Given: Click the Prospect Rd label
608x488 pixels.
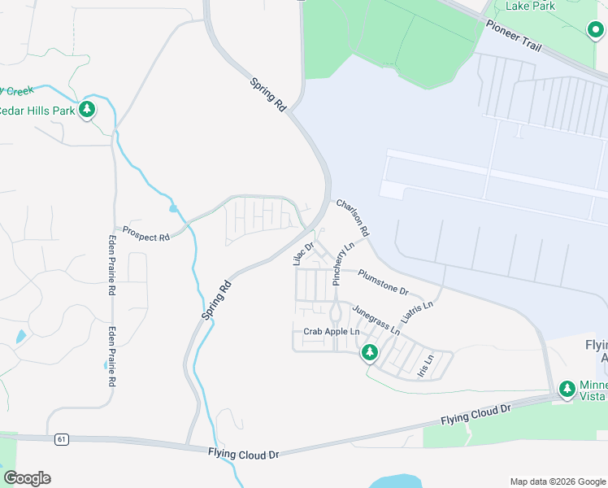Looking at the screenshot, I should point(146,233).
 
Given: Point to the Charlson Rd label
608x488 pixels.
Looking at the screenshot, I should point(353,218).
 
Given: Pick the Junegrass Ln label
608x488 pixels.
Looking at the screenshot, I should point(376,320).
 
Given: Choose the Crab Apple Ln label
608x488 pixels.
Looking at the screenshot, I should point(331,332).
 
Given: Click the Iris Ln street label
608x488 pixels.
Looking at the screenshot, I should point(425,364).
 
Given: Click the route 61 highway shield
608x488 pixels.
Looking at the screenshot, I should point(61,439).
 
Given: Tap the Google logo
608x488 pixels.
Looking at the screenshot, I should point(27,478).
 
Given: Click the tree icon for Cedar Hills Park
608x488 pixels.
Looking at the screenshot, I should point(87,110).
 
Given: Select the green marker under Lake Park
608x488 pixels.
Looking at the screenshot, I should point(596,30).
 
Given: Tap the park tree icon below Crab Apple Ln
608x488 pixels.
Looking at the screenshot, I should point(370,353).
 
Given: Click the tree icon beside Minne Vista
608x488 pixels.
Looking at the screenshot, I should point(567,390).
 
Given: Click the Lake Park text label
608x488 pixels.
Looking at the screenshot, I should point(530,6).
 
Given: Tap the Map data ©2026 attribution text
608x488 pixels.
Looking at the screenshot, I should point(557,481).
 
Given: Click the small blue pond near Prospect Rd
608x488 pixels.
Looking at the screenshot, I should point(173,209).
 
